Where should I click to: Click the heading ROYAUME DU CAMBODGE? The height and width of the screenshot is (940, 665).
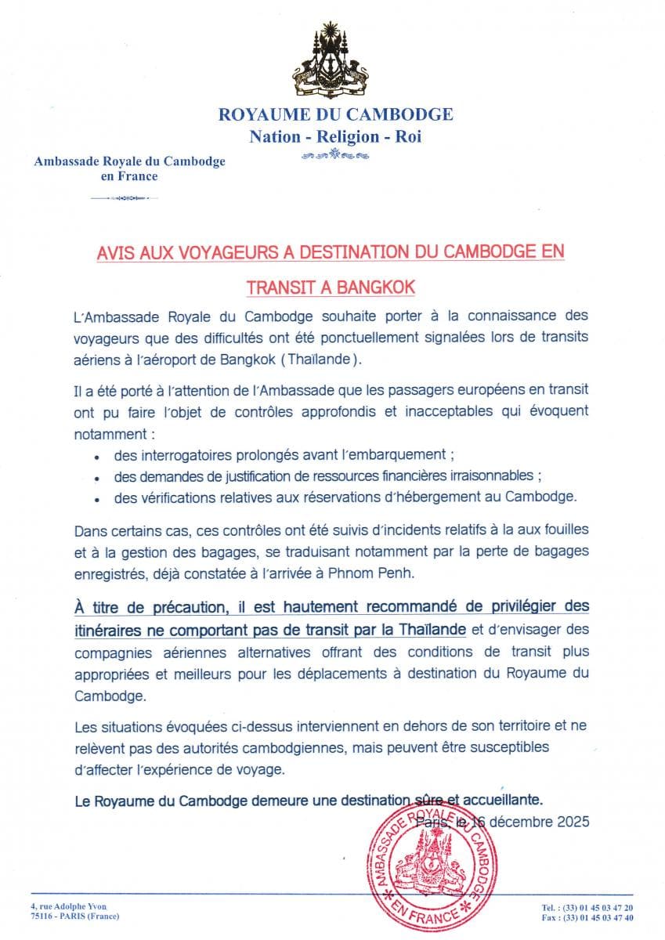(x=335, y=114)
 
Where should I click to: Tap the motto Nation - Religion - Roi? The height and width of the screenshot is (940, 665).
(x=335, y=136)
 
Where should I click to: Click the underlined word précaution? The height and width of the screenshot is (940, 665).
(x=169, y=607)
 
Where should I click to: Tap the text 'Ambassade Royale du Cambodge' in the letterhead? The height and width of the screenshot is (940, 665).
(x=129, y=161)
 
